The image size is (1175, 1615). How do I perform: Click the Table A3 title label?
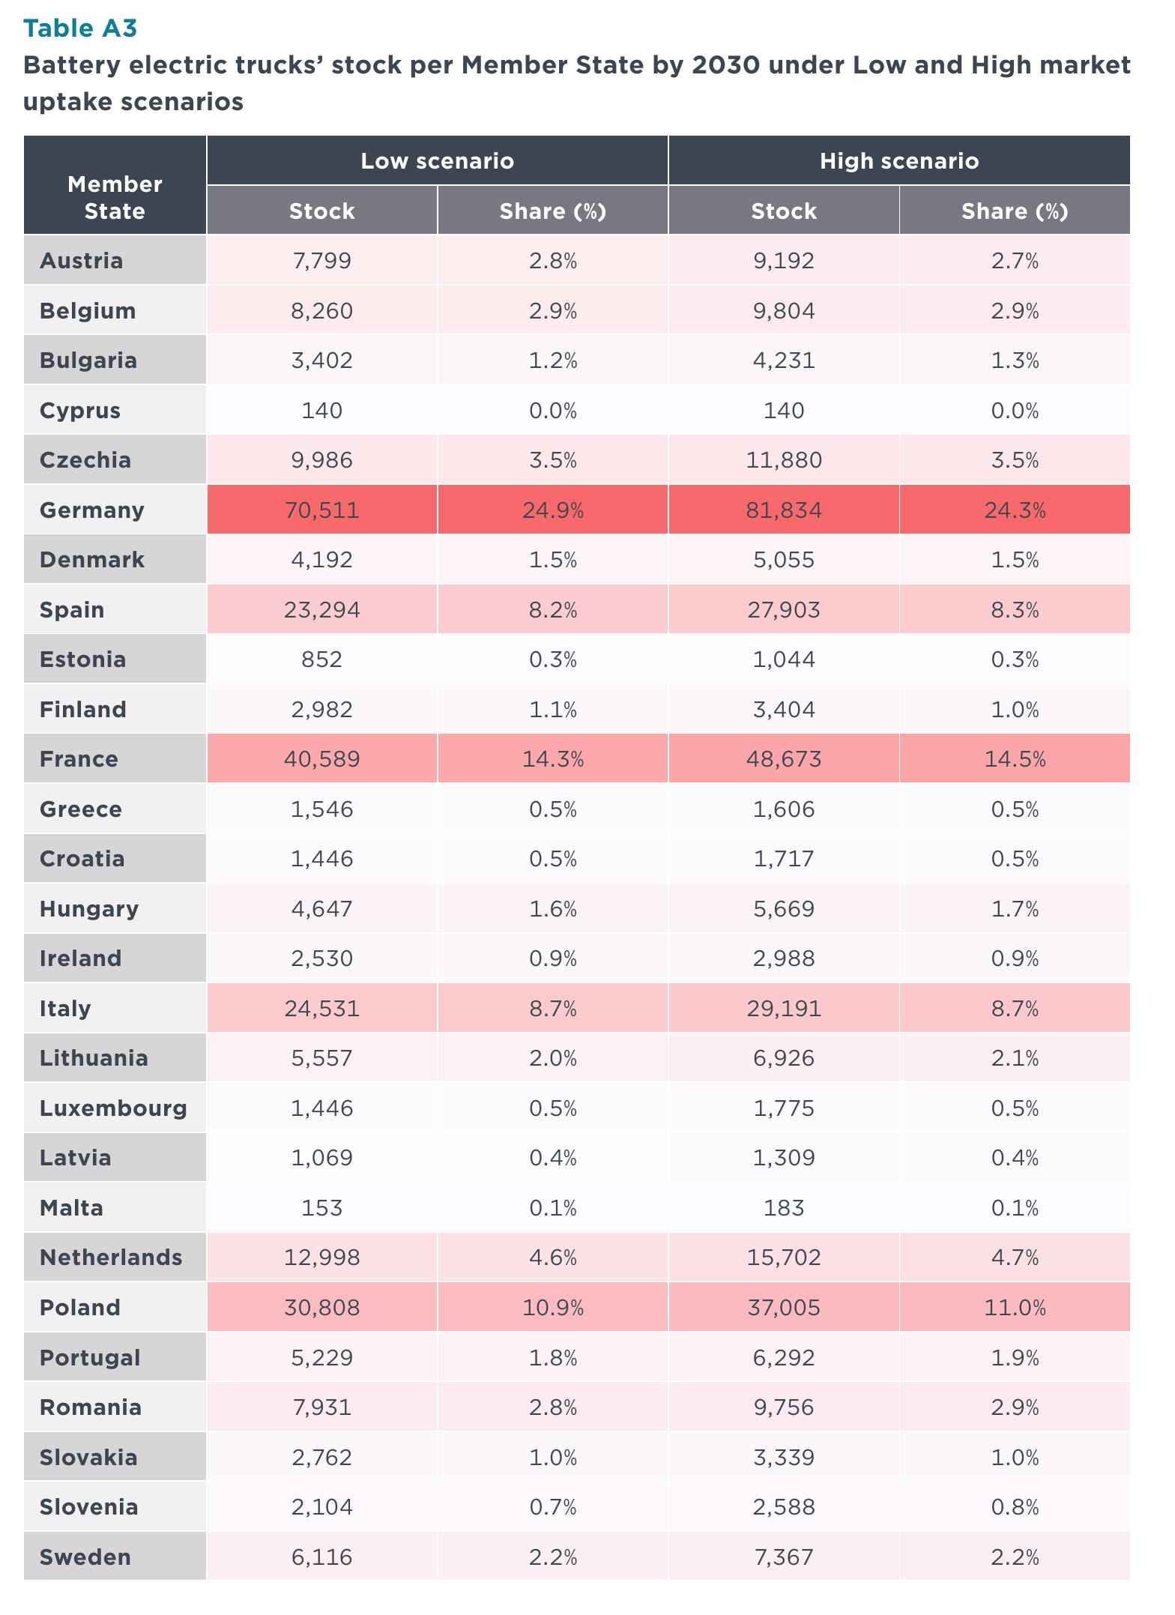click(80, 28)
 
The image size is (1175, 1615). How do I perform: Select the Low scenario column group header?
click(438, 161)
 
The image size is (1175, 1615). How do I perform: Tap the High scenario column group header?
click(899, 161)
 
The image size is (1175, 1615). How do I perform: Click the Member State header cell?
click(115, 197)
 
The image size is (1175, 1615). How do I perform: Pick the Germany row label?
click(91, 510)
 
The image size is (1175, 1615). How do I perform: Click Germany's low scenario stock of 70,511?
click(322, 510)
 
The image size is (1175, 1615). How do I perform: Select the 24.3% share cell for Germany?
click(1015, 510)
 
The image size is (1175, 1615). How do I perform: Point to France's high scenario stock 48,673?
click(784, 759)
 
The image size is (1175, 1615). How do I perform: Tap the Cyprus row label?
click(80, 411)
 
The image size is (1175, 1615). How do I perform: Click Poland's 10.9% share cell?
click(553, 1308)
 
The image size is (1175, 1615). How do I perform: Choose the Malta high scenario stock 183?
click(784, 1208)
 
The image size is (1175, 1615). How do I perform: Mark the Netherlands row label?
click(111, 1258)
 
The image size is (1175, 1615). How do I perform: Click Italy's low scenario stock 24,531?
click(322, 1009)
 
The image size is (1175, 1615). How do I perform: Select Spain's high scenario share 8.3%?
click(1015, 610)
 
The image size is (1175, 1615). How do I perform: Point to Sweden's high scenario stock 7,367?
click(784, 1557)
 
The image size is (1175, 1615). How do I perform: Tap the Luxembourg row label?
click(113, 1108)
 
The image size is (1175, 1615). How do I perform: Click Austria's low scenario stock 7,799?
click(322, 261)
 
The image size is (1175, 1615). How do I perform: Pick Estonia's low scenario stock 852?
click(322, 659)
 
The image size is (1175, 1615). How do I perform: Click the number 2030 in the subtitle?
click(721, 65)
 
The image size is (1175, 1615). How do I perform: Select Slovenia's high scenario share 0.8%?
click(1015, 1507)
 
